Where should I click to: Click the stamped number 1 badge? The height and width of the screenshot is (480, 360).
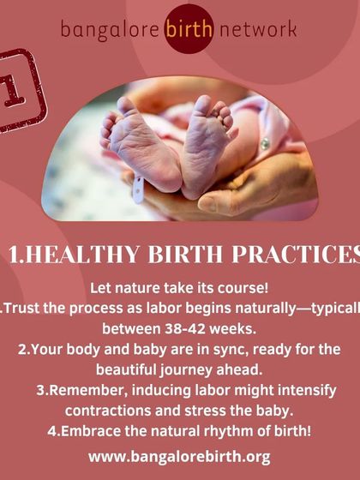point(17,91)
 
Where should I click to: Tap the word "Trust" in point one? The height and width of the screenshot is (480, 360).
point(26,308)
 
